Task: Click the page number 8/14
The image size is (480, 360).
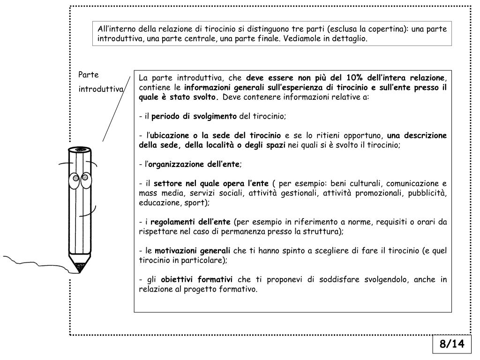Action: [451, 344]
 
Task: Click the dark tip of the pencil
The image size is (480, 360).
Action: [79, 269]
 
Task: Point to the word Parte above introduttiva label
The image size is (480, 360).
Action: [88, 75]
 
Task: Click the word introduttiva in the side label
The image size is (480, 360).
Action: [100, 89]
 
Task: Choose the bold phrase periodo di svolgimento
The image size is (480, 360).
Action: [195, 116]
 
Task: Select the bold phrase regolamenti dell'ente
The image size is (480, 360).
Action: [190, 222]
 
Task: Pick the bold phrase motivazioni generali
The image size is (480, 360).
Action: [193, 251]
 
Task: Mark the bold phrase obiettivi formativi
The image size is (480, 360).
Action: [196, 280]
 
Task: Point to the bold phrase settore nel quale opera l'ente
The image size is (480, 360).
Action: [211, 183]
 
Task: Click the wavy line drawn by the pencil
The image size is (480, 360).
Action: [33, 261]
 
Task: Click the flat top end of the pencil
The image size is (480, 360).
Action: [80, 150]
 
